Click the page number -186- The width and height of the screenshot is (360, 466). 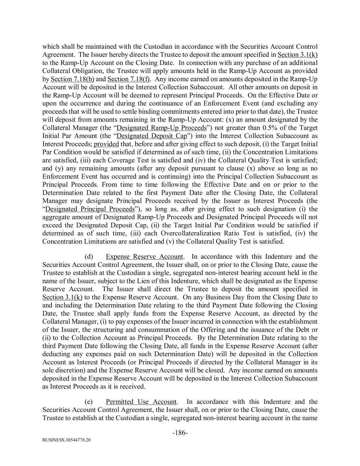coord(180,433)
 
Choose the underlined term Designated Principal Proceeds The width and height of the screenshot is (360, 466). coord(90,209)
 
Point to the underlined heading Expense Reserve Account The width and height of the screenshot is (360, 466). coord(144,257)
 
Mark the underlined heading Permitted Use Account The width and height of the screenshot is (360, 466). coord(141,402)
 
